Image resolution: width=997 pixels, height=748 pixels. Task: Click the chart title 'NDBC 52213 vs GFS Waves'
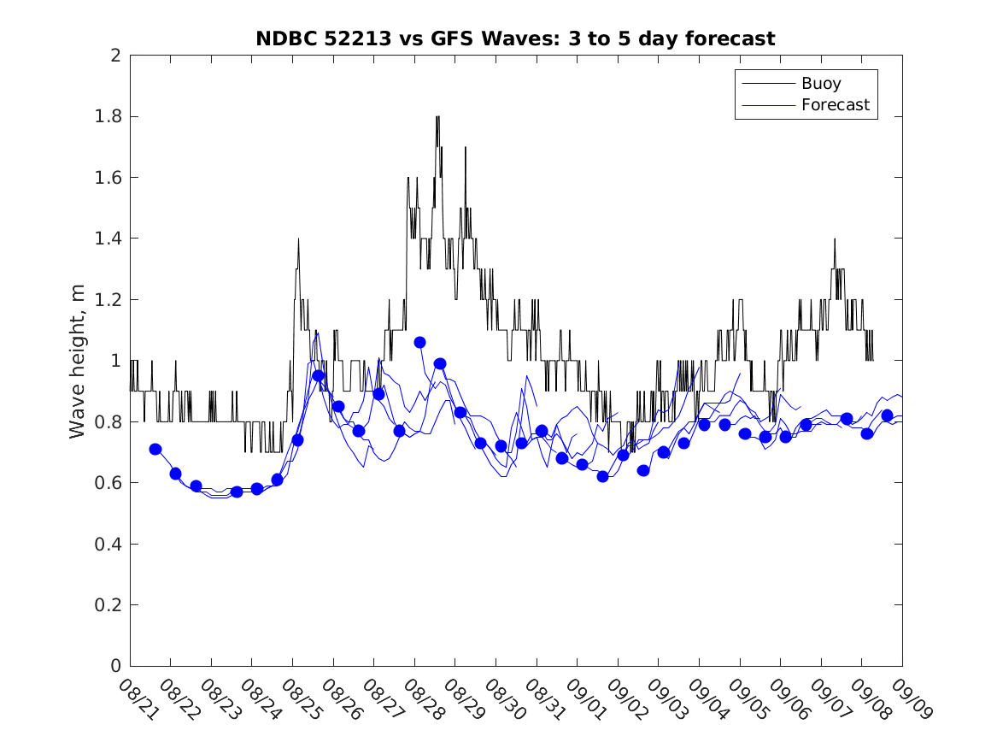pyautogui.click(x=515, y=38)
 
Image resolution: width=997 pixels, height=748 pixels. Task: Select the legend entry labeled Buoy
pyautogui.click(x=821, y=83)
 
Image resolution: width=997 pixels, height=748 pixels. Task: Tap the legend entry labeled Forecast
pyautogui.click(x=835, y=105)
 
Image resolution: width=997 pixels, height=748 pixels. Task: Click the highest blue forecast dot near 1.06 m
pyautogui.click(x=419, y=342)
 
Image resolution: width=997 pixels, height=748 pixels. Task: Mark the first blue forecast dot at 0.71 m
pyautogui.click(x=155, y=449)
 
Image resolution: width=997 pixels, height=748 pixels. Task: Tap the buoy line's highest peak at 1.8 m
pyautogui.click(x=437, y=117)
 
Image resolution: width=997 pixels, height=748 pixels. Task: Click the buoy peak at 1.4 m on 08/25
pyautogui.click(x=298, y=239)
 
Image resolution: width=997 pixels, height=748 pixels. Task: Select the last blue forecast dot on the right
pyautogui.click(x=887, y=415)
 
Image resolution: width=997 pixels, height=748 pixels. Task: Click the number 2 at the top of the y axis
pyautogui.click(x=114, y=56)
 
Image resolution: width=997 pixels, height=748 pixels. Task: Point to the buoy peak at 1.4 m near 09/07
pyautogui.click(x=835, y=239)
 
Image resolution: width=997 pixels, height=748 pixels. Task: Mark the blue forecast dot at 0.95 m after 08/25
pyautogui.click(x=318, y=375)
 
